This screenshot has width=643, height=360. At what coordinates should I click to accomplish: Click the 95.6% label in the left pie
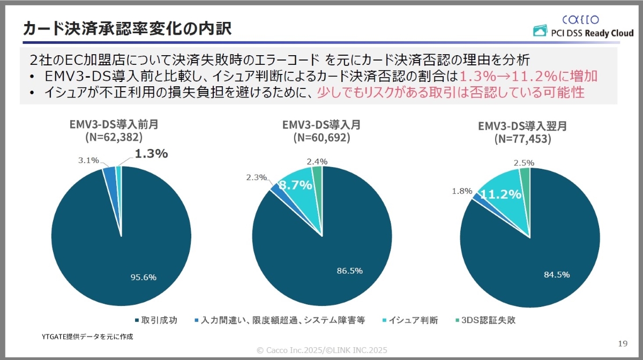(x=144, y=277)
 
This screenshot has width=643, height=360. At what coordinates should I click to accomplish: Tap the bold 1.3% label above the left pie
(x=151, y=154)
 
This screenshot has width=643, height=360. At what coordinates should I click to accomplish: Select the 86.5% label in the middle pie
(x=349, y=271)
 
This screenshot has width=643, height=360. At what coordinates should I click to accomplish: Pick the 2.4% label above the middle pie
(x=317, y=161)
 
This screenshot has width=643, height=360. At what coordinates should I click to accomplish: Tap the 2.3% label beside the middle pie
(x=257, y=177)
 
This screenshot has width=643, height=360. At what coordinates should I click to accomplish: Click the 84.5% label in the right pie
(x=556, y=274)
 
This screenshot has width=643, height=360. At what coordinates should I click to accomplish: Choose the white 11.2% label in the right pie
(x=500, y=194)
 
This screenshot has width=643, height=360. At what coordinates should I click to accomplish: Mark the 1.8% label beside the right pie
(x=462, y=191)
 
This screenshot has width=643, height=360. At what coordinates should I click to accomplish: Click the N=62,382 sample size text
(x=114, y=137)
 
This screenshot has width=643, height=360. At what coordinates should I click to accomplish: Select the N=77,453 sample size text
(x=522, y=139)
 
